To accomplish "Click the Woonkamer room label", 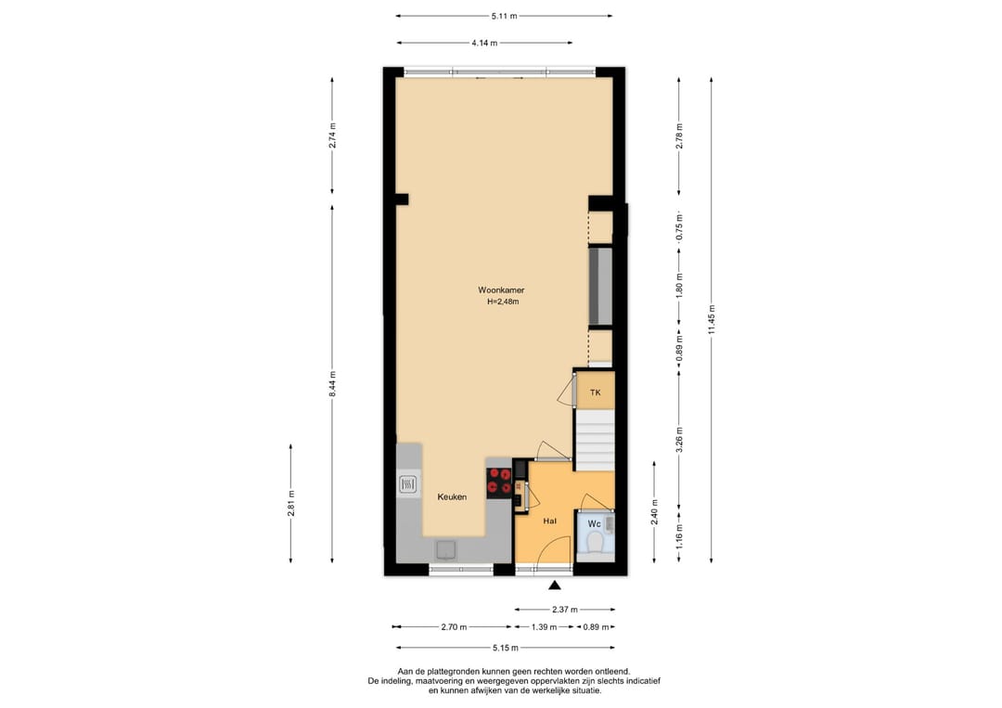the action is (x=501, y=290).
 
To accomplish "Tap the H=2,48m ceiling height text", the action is (x=503, y=302).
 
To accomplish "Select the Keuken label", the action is (x=452, y=496).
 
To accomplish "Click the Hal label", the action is (x=549, y=521).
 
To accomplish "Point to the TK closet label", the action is (x=595, y=393).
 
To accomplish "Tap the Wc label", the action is (x=595, y=524).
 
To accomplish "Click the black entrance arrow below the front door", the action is (x=555, y=585).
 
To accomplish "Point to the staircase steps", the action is (x=595, y=440).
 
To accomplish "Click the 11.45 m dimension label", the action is (x=712, y=319).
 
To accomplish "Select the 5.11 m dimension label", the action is (x=504, y=16).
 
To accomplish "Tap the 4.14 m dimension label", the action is (x=484, y=43).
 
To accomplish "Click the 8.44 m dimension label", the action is (x=332, y=384).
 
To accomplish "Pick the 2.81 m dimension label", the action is (x=290, y=503).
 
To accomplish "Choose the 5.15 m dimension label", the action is (x=506, y=648).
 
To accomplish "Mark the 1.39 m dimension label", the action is (x=544, y=627).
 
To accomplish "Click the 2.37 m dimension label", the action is (x=565, y=610).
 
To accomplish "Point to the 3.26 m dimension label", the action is (x=679, y=440).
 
